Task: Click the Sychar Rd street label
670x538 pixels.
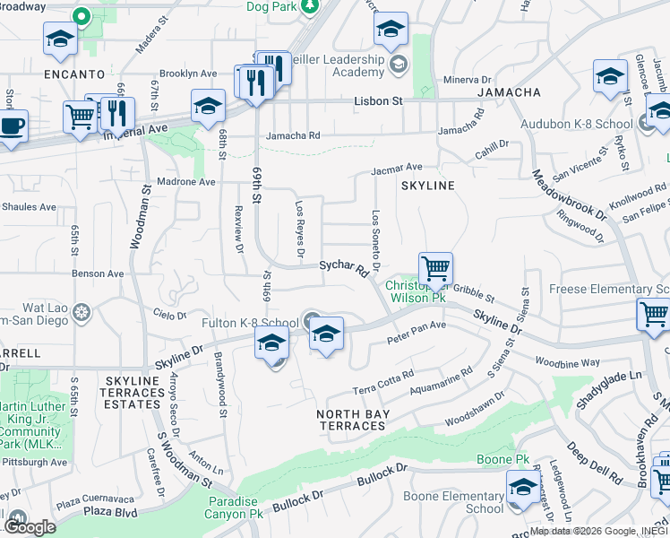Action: (x=344, y=267)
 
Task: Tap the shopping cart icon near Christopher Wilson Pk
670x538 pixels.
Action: (x=435, y=267)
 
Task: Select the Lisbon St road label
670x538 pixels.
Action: (x=378, y=101)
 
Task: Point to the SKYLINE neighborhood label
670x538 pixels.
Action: (x=427, y=185)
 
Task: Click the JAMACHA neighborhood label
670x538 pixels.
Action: (x=509, y=92)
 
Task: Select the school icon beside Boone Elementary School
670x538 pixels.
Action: (x=523, y=488)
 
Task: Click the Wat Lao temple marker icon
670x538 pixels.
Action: (x=82, y=313)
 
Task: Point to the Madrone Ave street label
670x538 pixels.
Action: (x=188, y=181)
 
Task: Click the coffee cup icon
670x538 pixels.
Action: (x=13, y=125)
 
